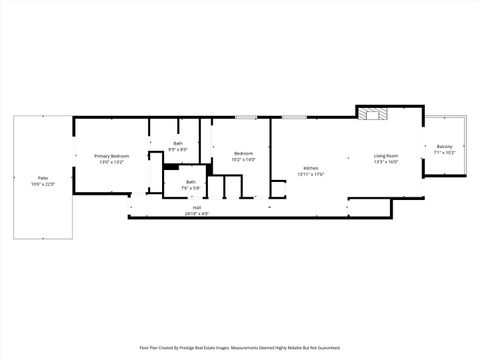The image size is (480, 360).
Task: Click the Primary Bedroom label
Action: (x=112, y=156)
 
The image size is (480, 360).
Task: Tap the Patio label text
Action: (x=42, y=177)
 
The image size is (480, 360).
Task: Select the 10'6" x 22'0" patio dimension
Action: (x=42, y=184)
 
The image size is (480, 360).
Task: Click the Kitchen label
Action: (x=310, y=168)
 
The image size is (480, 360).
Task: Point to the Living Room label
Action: (x=386, y=156)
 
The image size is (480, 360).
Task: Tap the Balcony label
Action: (x=445, y=147)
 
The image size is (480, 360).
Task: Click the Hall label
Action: (x=197, y=208)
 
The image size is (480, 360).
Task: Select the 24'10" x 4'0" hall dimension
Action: (x=197, y=214)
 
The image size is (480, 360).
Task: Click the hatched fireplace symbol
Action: (x=376, y=113)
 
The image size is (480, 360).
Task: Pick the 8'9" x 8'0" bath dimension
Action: (x=178, y=150)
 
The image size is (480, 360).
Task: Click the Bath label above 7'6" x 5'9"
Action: (x=190, y=181)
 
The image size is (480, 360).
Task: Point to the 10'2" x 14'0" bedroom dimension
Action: (x=243, y=159)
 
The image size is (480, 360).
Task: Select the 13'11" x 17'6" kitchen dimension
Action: (x=310, y=175)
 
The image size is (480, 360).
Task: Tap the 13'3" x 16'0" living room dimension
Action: (x=386, y=162)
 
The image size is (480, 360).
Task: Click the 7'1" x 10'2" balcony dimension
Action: (x=445, y=153)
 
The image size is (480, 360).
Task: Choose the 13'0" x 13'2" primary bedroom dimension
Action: (x=112, y=162)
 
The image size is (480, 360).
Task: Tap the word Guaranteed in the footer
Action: (x=326, y=348)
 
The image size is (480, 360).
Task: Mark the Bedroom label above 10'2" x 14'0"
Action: (x=243, y=153)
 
